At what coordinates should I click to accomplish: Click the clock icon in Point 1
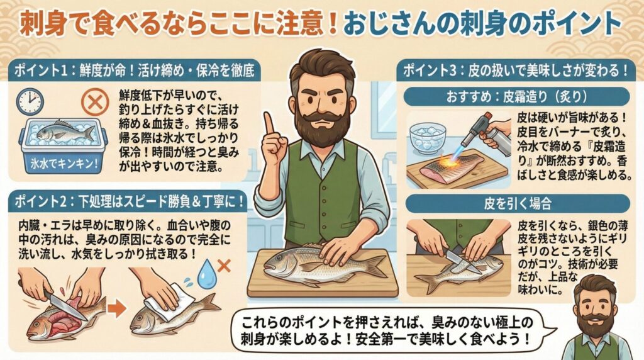tap(30, 101)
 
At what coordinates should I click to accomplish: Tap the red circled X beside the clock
tap(96, 101)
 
